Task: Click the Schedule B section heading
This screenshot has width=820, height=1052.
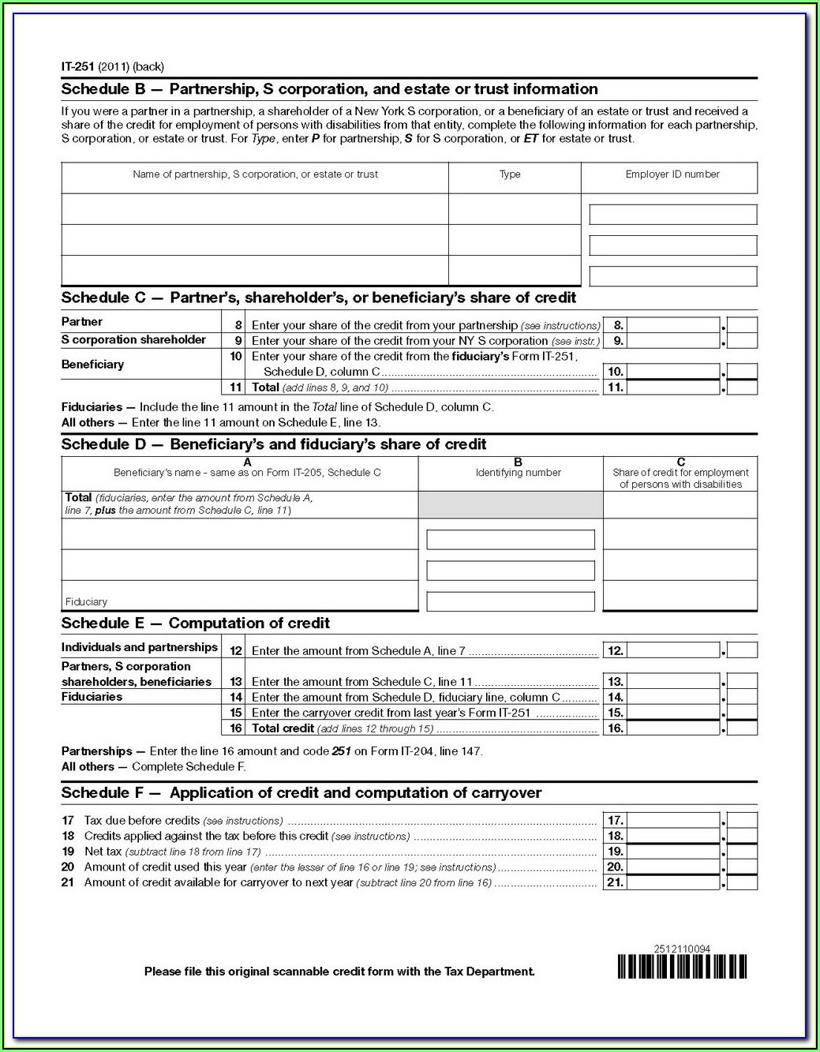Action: (x=329, y=89)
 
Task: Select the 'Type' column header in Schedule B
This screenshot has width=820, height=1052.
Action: (x=510, y=174)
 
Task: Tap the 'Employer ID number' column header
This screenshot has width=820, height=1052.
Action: (x=672, y=174)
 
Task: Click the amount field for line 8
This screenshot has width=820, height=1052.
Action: (x=673, y=325)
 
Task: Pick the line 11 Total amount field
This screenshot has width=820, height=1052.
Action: (x=673, y=387)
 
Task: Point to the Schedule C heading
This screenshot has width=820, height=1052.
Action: (x=318, y=298)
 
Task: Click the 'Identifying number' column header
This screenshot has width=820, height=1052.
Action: (x=518, y=473)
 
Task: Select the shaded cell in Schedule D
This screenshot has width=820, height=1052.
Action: (x=510, y=504)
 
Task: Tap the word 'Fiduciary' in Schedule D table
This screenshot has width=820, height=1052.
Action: (x=86, y=601)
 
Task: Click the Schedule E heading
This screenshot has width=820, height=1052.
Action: (x=195, y=623)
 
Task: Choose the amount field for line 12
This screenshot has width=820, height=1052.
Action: (x=673, y=651)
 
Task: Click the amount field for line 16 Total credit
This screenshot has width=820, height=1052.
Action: (x=673, y=728)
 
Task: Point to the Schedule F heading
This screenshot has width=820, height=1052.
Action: (x=301, y=793)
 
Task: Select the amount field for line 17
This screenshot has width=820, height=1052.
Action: (x=673, y=821)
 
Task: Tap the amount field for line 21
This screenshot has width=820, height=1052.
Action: (x=673, y=883)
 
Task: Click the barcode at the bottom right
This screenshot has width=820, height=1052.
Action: (x=682, y=967)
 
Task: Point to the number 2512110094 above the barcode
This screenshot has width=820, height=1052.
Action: (x=682, y=949)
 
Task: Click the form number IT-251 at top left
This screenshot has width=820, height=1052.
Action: (x=78, y=67)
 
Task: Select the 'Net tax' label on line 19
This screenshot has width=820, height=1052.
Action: (x=103, y=852)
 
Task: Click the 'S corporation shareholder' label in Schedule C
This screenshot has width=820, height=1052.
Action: (x=133, y=340)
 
